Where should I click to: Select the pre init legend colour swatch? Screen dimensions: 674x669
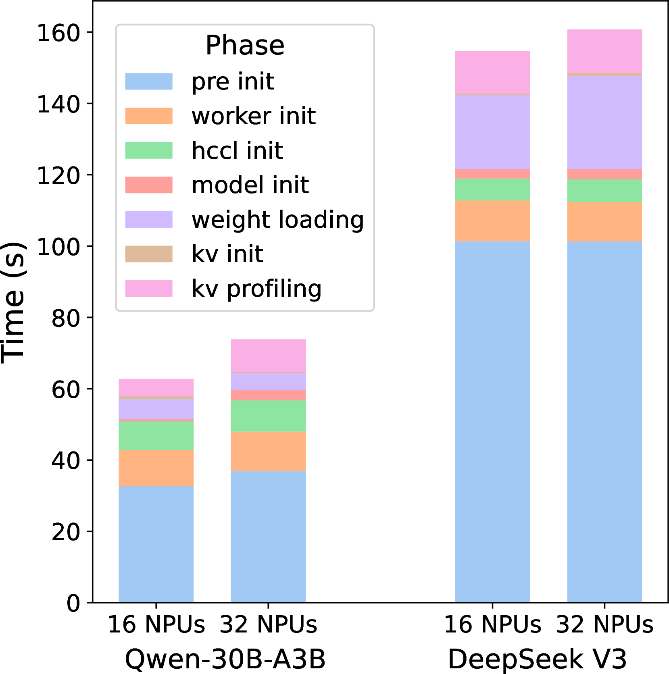coord(149,81)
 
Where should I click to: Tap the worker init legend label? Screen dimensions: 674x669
coord(254,116)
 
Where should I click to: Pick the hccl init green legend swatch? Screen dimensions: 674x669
coord(149,150)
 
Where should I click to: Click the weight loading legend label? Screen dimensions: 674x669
coord(277,220)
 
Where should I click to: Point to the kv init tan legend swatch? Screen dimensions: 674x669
coord(149,254)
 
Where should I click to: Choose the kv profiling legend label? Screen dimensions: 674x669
coord(256,289)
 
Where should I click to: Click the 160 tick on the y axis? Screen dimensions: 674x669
coord(59,33)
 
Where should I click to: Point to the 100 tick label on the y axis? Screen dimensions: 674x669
coord(59,247)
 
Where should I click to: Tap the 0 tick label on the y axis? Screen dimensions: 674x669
coord(73,603)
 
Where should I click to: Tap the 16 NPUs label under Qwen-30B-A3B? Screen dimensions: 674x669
coord(156,624)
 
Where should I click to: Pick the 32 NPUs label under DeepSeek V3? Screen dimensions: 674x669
coord(604,624)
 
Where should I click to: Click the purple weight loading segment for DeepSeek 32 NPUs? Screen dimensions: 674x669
coord(604,123)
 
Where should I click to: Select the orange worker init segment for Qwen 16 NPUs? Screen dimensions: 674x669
coord(156,468)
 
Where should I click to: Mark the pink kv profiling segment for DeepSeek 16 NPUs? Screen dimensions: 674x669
coord(492,72)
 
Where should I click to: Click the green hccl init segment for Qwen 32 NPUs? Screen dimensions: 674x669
coord(268,416)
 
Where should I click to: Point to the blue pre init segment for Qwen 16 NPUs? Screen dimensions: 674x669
coord(156,544)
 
